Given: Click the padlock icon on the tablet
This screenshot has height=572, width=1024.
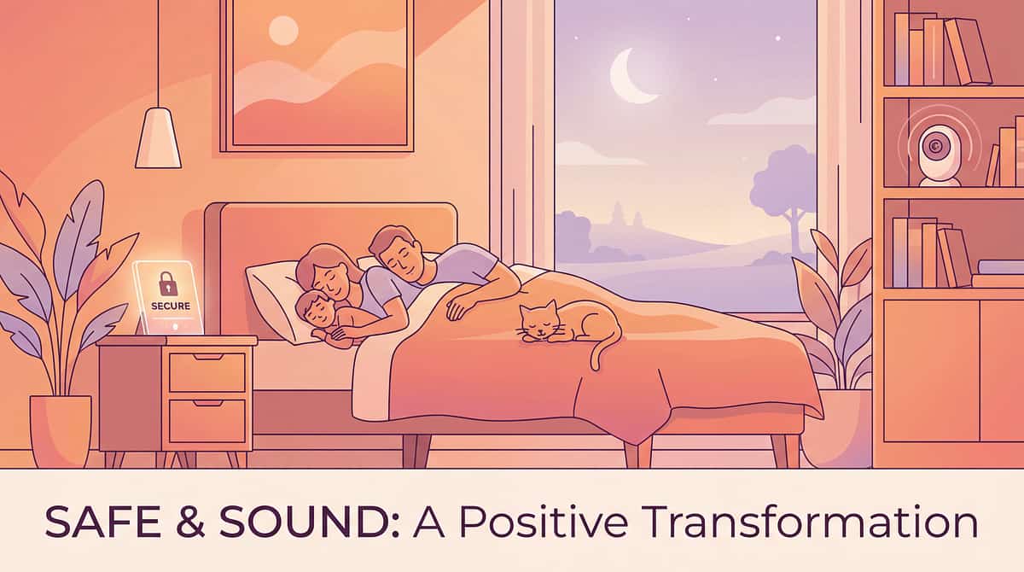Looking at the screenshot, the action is (x=167, y=283).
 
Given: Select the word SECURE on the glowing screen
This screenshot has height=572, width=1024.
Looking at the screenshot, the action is (x=171, y=306).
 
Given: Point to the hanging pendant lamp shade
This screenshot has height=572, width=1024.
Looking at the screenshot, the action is (x=158, y=137).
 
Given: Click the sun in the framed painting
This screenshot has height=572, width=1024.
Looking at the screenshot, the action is (x=283, y=31).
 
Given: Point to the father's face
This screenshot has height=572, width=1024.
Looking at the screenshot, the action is (x=405, y=263).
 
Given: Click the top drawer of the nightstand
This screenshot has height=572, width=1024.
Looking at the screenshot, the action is (x=207, y=372).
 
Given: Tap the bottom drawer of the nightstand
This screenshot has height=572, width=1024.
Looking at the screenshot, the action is (x=207, y=421).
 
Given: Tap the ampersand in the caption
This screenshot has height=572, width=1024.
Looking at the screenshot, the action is (x=190, y=522).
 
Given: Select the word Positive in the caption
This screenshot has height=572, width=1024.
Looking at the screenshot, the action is (x=543, y=522).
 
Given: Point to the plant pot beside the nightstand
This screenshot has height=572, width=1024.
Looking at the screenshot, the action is (x=61, y=431).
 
